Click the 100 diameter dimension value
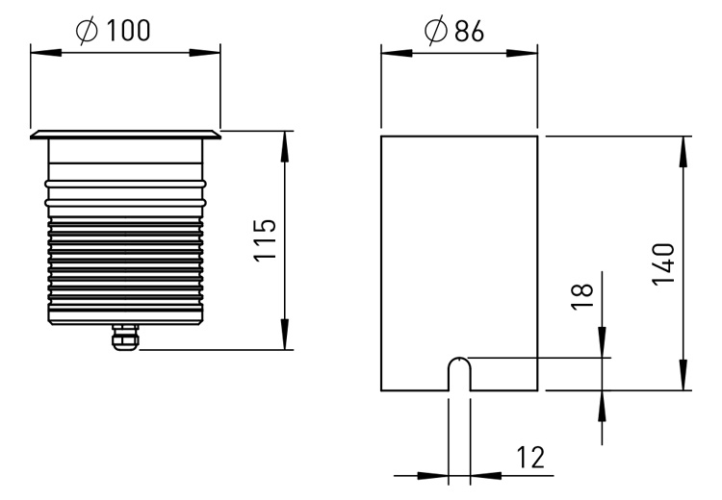coord(128,31)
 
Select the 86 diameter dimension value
coord(469,32)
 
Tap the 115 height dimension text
coord(266,240)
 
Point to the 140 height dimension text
coord(663,264)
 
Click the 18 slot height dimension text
coord(582,297)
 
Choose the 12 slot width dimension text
coord(530,458)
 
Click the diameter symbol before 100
coord(87,31)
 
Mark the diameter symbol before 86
coord(435,31)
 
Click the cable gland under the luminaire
coord(125,337)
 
